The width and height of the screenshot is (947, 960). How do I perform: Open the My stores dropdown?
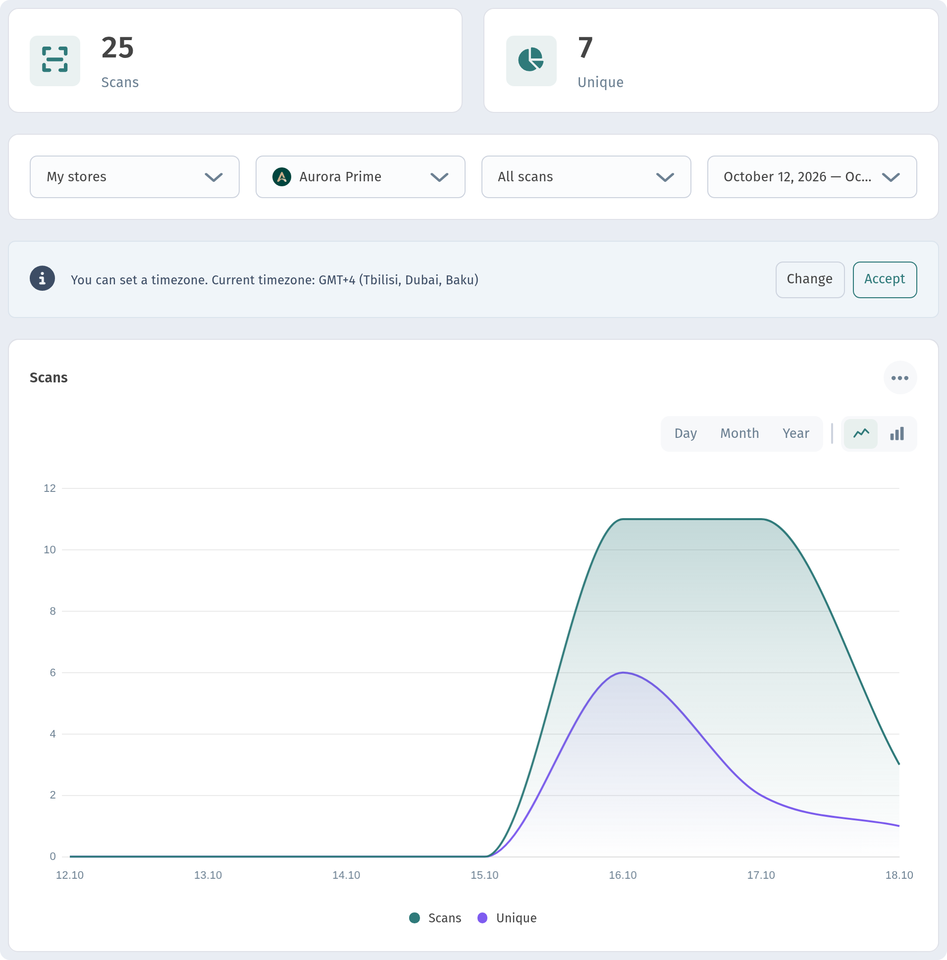point(134,177)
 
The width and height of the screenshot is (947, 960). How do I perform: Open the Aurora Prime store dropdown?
point(360,177)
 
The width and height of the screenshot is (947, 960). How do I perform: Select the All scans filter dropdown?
point(586,177)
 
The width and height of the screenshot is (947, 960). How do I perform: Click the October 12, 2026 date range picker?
point(812,177)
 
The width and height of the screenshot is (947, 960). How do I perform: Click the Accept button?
point(885,279)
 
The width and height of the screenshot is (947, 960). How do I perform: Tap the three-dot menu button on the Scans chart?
point(900,377)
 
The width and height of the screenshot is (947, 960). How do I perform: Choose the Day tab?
point(685,433)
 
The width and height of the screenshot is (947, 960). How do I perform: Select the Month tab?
point(739,433)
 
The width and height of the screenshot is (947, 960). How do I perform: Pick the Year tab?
point(795,433)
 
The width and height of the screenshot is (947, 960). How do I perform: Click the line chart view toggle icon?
point(861,433)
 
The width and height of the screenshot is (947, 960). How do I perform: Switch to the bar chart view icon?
point(897,434)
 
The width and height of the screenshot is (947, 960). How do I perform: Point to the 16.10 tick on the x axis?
point(623,875)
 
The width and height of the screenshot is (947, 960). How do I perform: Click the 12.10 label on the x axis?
point(69,875)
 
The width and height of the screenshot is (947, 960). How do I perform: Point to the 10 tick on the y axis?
point(50,549)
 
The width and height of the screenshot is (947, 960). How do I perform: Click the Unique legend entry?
point(507,918)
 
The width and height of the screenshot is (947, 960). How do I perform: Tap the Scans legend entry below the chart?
point(435,918)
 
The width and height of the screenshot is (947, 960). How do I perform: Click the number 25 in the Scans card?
point(118,48)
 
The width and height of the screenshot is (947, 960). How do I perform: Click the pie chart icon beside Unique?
point(531,60)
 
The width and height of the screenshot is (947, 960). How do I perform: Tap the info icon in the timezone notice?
point(42,278)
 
